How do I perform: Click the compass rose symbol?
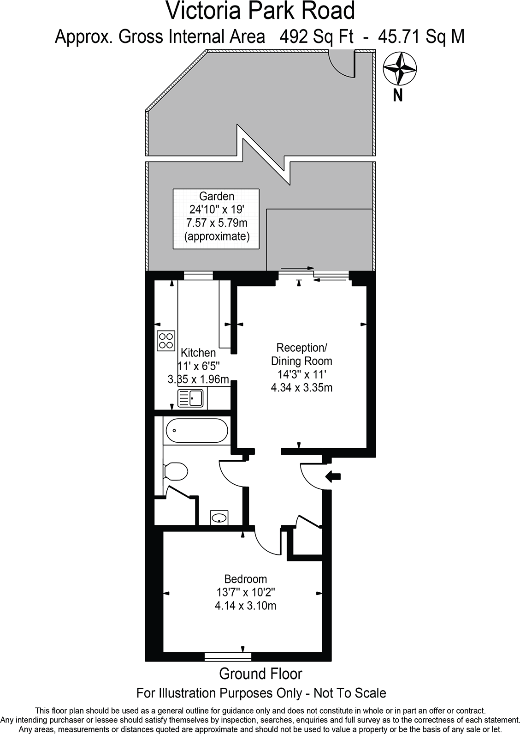(x=401, y=69)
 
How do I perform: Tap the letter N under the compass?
(x=398, y=96)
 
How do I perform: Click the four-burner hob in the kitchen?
(x=166, y=340)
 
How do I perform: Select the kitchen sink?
(x=191, y=398)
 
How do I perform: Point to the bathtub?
(x=195, y=431)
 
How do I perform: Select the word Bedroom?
(x=246, y=579)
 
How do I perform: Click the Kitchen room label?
(x=198, y=353)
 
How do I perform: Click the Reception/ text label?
(x=301, y=347)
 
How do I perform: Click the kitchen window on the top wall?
(x=198, y=276)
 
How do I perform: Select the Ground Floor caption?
(x=260, y=674)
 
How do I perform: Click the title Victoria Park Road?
(x=260, y=11)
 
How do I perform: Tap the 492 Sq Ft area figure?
(x=313, y=36)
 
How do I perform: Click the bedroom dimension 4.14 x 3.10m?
(x=246, y=606)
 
